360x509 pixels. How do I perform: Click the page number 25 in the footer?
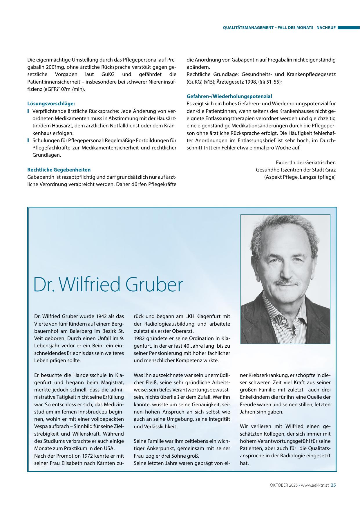333,485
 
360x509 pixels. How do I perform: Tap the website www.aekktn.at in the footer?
315,485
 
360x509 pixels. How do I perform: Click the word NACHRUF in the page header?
326,28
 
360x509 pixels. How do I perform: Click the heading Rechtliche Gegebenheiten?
59,170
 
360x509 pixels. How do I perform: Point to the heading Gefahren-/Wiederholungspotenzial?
229,96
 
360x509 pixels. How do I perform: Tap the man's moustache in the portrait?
287,282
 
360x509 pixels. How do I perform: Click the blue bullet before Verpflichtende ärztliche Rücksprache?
28,111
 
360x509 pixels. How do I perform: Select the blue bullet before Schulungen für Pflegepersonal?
28,140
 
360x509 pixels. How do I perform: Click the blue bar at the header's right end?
348,28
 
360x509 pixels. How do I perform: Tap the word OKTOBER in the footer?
277,485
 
